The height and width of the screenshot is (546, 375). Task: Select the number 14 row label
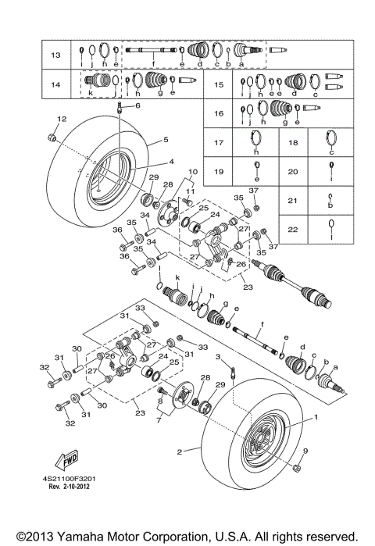pyautogui.click(x=55, y=84)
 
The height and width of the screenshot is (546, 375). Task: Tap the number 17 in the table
pyautogui.click(x=220, y=143)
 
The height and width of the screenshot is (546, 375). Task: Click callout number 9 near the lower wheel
pyautogui.click(x=305, y=451)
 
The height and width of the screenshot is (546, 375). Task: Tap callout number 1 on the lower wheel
pyautogui.click(x=316, y=417)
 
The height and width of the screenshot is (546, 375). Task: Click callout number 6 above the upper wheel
pyautogui.click(x=137, y=105)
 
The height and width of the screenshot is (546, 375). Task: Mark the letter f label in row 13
pyautogui.click(x=153, y=63)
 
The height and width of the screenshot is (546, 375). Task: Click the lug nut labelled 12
pyautogui.click(x=50, y=138)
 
